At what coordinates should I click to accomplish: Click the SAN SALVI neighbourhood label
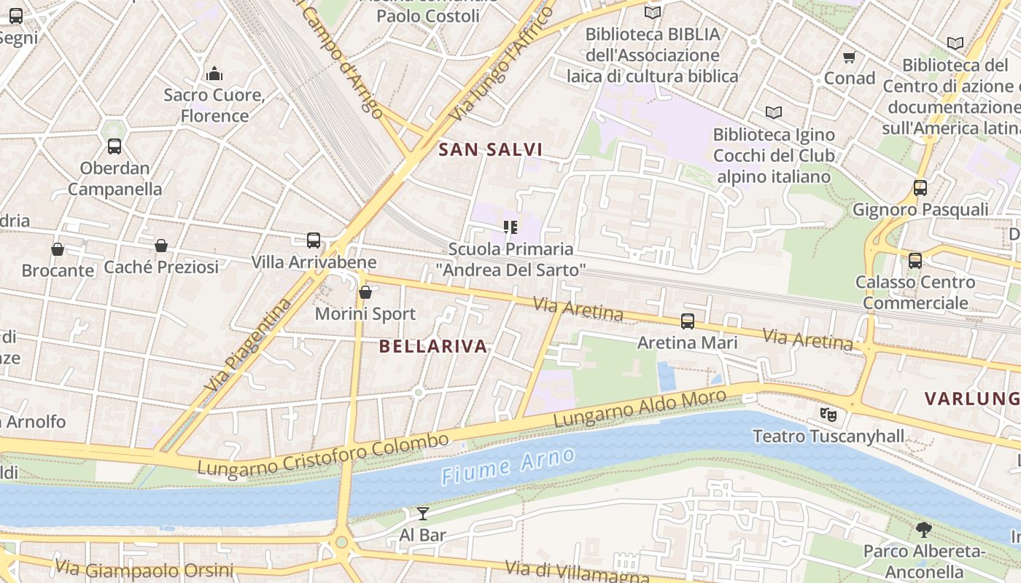[x=490, y=150]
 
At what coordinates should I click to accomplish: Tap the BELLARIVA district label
[x=433, y=346]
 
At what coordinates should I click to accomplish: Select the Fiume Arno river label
[x=508, y=466]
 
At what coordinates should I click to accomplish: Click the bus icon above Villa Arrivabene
[x=314, y=240]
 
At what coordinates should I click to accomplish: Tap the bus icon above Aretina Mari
[x=687, y=321]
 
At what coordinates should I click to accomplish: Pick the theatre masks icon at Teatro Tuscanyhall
[x=828, y=415]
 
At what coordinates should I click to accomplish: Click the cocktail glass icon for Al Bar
[x=422, y=513]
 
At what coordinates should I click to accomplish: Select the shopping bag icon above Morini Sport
[x=365, y=292]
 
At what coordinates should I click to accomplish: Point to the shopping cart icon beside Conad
[x=849, y=57]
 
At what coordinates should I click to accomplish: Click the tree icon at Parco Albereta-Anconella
[x=923, y=529]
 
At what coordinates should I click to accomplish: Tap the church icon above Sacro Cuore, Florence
[x=214, y=74]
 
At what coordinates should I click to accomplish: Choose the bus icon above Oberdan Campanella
[x=114, y=146]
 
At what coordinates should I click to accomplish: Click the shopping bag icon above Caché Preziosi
[x=161, y=246]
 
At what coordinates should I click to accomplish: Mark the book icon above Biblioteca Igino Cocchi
[x=774, y=112]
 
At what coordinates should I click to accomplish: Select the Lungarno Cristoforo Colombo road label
[x=323, y=455]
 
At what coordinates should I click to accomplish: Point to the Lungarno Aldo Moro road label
[x=640, y=409]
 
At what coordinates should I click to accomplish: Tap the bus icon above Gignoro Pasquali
[x=920, y=188]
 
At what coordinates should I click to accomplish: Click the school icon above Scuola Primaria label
[x=510, y=227]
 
